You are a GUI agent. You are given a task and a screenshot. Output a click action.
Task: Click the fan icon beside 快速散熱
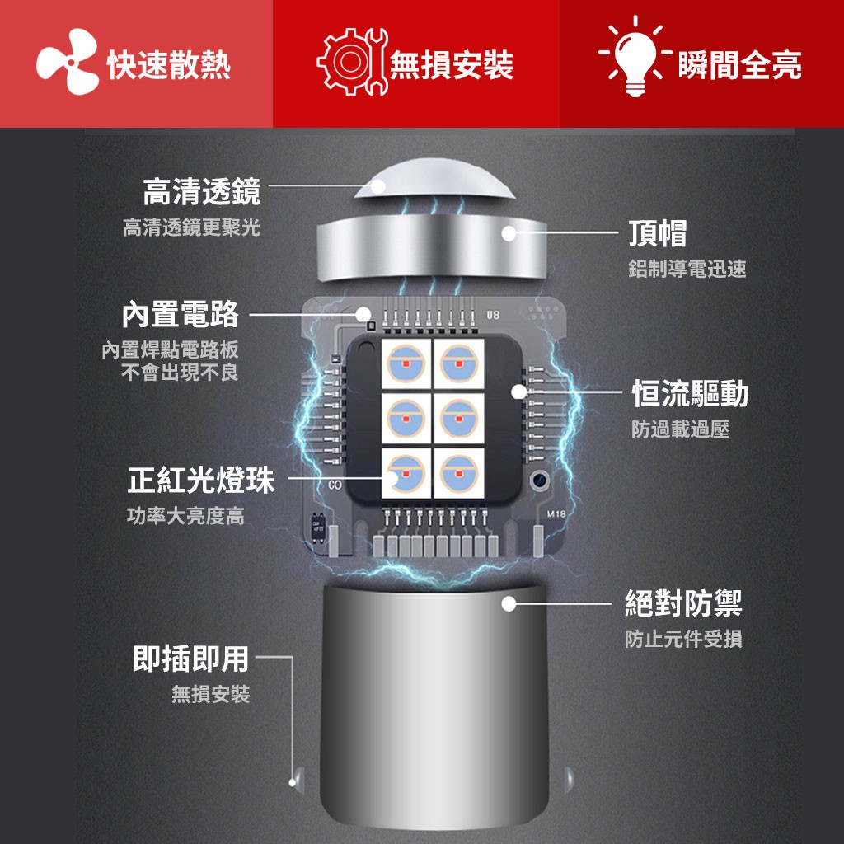click(x=68, y=62)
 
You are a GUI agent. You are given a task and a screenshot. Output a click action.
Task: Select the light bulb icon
click(x=635, y=57)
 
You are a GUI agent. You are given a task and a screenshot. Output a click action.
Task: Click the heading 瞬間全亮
click(x=740, y=65)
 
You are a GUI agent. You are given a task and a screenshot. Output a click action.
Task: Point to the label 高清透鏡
click(x=202, y=191)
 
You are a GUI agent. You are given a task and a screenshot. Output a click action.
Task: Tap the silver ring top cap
click(x=432, y=246)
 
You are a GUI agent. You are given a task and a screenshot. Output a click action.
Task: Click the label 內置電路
click(x=181, y=314)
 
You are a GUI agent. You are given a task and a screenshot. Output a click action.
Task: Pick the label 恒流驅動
click(x=690, y=393)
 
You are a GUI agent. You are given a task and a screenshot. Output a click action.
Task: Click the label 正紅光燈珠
click(x=201, y=481)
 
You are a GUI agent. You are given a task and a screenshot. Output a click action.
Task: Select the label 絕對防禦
click(x=683, y=603)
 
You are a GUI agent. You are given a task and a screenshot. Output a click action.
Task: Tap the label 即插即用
click(x=190, y=659)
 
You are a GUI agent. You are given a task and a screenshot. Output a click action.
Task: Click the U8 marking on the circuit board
click(x=493, y=314)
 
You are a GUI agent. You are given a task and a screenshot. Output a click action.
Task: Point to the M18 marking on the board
click(x=556, y=514)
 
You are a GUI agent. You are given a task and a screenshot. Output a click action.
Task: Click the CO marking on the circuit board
click(x=335, y=485)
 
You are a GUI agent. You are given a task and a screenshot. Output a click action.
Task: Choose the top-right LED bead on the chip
click(x=459, y=363)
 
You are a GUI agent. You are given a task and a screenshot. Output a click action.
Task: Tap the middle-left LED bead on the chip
click(x=406, y=418)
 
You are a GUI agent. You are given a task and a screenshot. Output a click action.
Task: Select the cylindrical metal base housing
click(x=434, y=706)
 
